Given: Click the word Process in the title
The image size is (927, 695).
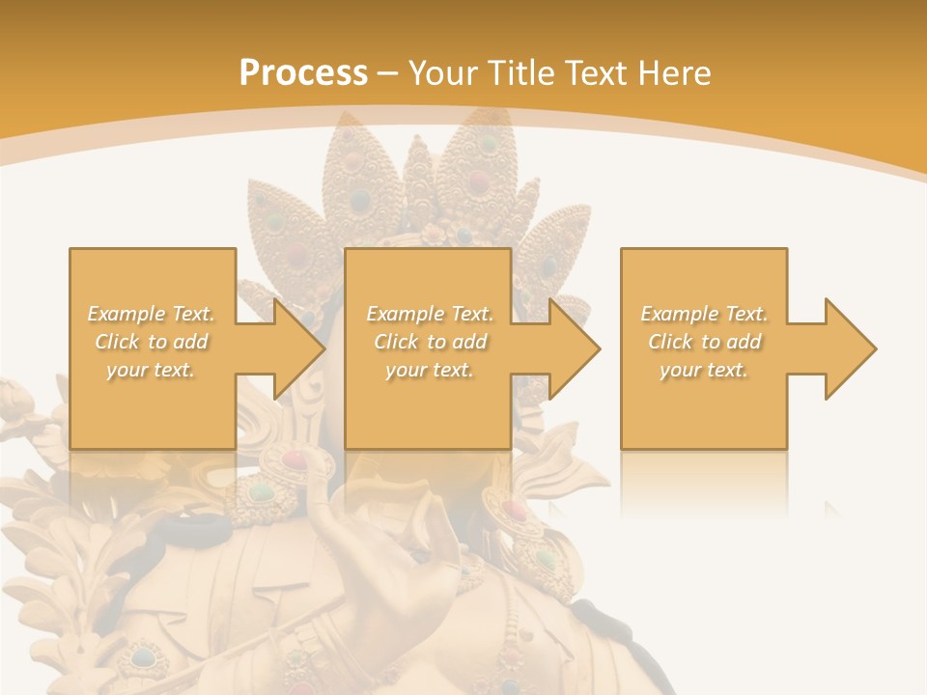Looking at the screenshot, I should coord(303,73).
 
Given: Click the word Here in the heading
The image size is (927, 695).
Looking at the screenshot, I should coord(675,73).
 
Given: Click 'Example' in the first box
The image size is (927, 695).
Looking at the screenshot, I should coord(125,314).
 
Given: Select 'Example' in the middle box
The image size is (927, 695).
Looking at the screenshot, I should coord(403,314).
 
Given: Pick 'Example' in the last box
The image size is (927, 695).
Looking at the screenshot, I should coord(678,314).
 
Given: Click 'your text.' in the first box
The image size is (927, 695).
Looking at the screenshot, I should coord(151,370).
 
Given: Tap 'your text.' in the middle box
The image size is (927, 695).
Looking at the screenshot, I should coord(429,370).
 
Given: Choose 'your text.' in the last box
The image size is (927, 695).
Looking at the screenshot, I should coord(704,370).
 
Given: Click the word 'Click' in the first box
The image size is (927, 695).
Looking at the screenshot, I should coord(116,342).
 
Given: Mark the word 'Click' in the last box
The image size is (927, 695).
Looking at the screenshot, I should coord(670,342).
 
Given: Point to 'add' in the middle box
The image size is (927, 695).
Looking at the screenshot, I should coord(469,342).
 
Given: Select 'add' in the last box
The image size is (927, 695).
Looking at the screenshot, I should coord(744,342).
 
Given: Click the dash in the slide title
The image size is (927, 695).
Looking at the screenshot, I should coord(387,74).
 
